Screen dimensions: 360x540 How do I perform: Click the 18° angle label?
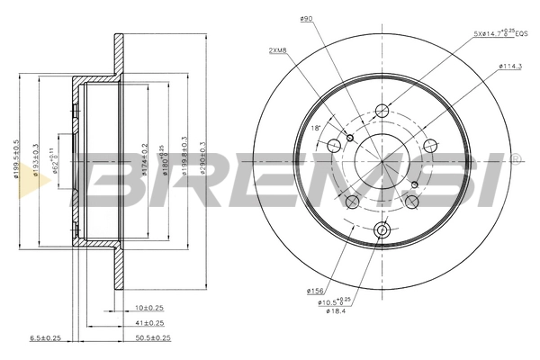315,129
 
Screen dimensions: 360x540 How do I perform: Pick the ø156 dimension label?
314,290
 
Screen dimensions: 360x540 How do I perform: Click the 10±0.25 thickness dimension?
148,308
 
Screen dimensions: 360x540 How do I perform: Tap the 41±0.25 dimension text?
148,323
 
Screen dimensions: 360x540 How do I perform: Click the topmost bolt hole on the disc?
382,112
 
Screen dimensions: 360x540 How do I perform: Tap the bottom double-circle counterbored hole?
382,230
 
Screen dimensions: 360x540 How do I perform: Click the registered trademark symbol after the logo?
516,158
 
